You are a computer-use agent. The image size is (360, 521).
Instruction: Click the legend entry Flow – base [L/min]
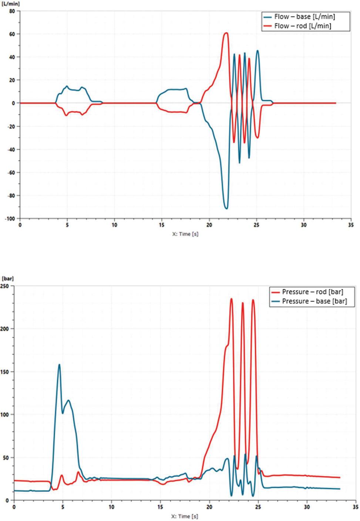(304, 17)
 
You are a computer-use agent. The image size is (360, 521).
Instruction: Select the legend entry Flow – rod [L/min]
(302, 26)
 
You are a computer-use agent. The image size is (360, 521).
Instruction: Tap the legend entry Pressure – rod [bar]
(312, 292)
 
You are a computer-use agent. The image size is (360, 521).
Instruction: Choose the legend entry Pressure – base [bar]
(314, 301)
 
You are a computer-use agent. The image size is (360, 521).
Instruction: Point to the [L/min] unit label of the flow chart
(10, 4)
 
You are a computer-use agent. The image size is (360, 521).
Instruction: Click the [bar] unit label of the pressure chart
(7, 278)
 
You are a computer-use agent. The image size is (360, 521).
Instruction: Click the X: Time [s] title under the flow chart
(185, 234)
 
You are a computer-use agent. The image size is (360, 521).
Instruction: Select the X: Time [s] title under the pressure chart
(184, 516)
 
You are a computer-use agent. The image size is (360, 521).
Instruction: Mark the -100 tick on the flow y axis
(10, 218)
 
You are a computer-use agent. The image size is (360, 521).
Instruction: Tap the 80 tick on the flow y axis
(12, 11)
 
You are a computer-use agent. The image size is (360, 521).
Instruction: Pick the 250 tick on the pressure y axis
(5, 286)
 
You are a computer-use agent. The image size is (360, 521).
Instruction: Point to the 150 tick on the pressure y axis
(5, 371)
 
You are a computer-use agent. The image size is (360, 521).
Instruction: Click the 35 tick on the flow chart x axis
(351, 225)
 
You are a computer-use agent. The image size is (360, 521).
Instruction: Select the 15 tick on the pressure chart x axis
(160, 507)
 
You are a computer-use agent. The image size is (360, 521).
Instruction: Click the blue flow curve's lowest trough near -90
(226, 208)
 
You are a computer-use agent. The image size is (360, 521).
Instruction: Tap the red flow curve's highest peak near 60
(226, 33)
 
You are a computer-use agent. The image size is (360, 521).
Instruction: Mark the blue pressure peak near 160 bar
(59, 365)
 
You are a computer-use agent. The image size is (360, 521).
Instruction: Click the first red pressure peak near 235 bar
(231, 299)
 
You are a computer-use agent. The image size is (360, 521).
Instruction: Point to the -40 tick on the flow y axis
(11, 150)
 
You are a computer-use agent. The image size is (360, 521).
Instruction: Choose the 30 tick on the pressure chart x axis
(307, 507)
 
